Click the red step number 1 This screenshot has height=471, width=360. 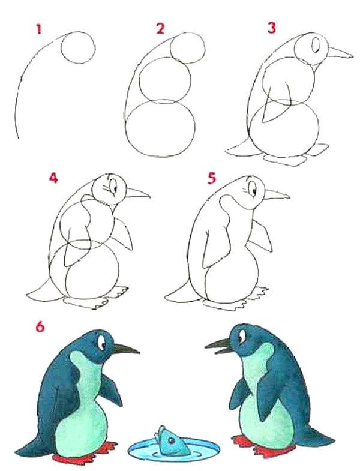(38, 29)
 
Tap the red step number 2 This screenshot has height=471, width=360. (160, 29)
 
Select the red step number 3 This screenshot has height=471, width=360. (271, 28)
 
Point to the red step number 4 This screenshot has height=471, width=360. (53, 178)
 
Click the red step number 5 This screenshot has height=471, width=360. (212, 178)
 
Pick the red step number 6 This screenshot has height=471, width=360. (40, 326)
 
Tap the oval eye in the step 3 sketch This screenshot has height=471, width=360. (316, 45)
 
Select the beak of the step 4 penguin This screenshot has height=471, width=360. (137, 193)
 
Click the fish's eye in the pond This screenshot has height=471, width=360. (171, 440)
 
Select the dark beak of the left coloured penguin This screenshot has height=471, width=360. (125, 349)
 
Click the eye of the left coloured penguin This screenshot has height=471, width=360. (101, 342)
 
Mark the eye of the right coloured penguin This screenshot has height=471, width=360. (241, 337)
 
